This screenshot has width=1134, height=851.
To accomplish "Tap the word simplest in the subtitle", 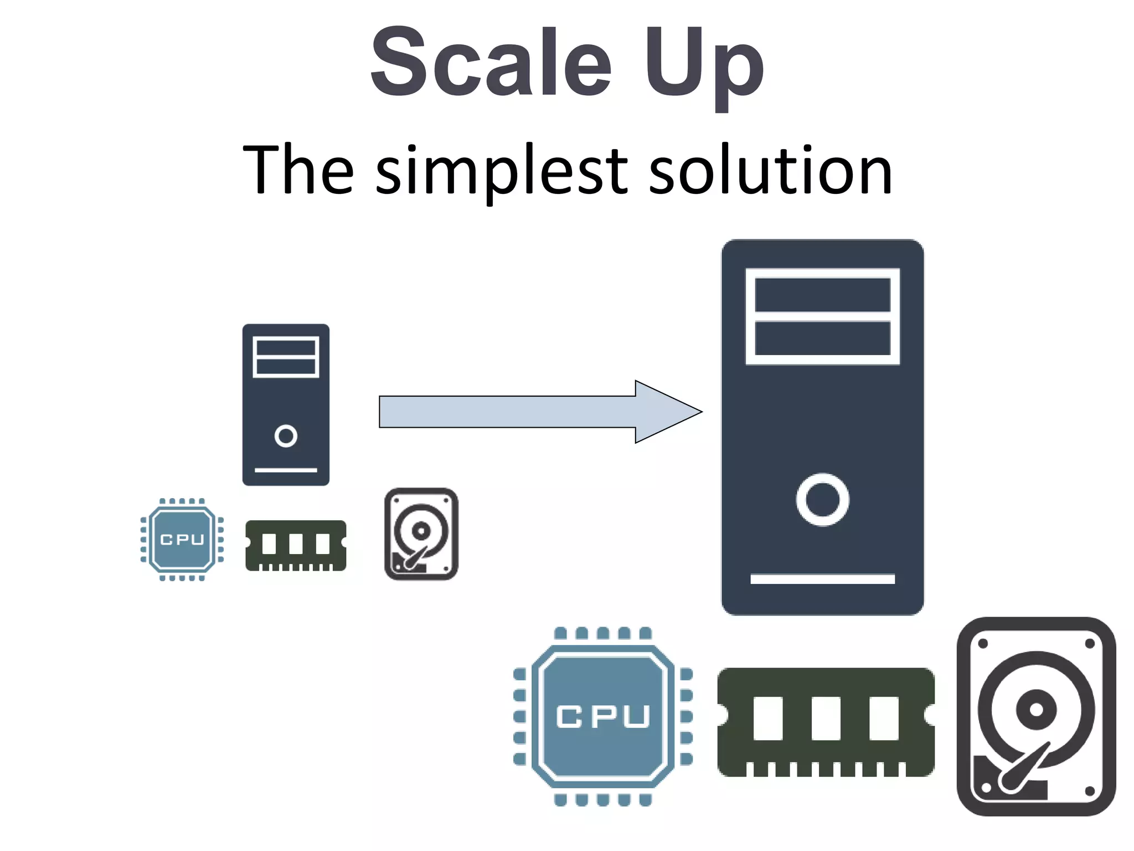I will coord(501,170).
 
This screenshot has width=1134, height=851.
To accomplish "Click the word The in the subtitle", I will coord(298,170).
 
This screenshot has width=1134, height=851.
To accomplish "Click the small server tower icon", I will coord(286,404).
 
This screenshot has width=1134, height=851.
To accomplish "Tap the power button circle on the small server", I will coord(286,436).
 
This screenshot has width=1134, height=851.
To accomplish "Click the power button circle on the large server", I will coord(822,499).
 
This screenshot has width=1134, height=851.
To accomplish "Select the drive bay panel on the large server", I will coord(822,316).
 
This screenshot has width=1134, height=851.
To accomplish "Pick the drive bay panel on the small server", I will coord(286,357).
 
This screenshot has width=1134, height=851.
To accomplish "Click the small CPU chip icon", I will coord(182,539).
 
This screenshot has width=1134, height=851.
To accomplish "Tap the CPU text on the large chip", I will coord(602,716).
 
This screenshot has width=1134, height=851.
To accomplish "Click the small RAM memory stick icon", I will coord(296,545).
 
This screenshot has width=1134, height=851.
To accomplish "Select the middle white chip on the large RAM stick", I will coord(826,719).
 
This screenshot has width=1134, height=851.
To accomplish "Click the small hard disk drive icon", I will coord(421,534).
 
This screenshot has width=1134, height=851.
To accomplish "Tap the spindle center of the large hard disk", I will coord(1036,710).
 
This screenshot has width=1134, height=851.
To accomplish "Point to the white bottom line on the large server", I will coord(822,579).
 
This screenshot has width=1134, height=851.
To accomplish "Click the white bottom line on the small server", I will coord(286,470).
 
